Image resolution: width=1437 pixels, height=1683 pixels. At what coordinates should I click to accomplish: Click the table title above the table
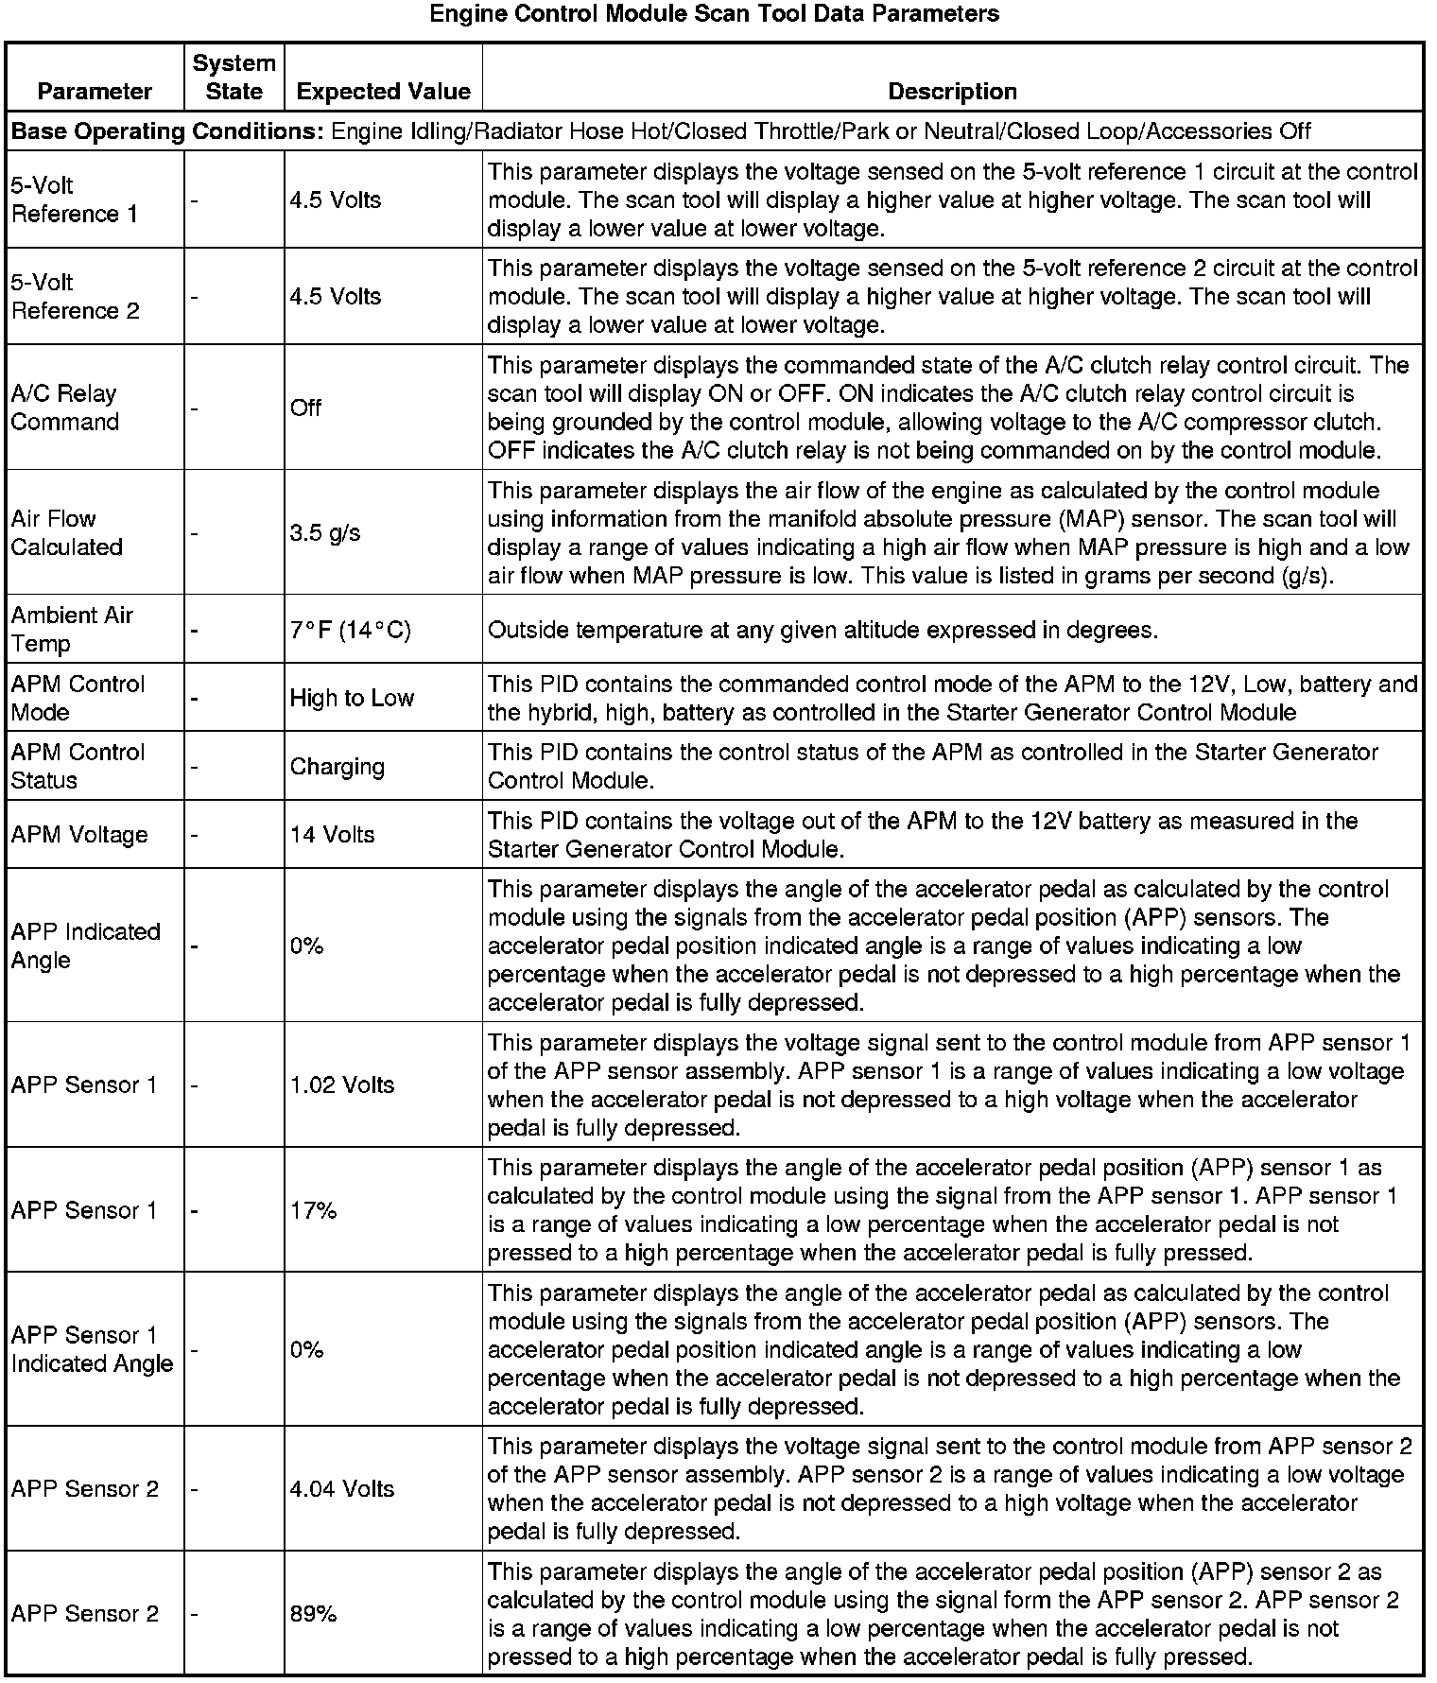(x=714, y=14)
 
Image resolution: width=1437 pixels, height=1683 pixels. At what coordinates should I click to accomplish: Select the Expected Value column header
(x=383, y=92)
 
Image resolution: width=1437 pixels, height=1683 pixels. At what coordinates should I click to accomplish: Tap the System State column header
(x=234, y=78)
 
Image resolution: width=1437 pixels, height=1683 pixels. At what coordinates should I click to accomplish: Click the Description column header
(x=952, y=92)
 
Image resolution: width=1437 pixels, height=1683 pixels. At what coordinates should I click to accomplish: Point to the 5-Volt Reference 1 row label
(x=75, y=200)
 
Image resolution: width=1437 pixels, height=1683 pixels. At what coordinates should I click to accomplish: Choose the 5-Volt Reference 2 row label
(x=75, y=296)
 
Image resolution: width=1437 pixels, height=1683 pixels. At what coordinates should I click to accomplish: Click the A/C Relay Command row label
(x=65, y=408)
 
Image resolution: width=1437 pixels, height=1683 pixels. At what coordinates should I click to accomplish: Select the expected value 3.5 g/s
(x=325, y=532)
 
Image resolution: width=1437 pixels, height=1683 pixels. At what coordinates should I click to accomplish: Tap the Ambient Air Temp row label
(x=72, y=629)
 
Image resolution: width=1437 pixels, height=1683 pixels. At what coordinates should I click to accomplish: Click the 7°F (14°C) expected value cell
(x=350, y=630)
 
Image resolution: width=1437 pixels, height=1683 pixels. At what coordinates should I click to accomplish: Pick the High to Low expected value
(x=352, y=698)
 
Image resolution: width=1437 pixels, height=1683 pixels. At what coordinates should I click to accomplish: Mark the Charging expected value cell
(x=337, y=766)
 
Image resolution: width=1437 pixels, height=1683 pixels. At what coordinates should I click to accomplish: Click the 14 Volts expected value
(x=332, y=835)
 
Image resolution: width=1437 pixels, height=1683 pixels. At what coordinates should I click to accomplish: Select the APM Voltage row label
(x=79, y=835)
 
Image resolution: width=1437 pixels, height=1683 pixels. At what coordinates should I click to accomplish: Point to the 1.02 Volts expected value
(x=341, y=1084)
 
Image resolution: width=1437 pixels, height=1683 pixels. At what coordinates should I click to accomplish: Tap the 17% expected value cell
(x=313, y=1210)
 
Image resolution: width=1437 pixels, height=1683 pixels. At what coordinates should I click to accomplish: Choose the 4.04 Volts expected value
(x=341, y=1488)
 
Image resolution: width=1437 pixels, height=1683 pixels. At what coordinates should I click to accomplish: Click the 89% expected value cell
(x=313, y=1614)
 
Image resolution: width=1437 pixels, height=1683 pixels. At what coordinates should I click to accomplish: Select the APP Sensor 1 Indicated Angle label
(x=92, y=1349)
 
